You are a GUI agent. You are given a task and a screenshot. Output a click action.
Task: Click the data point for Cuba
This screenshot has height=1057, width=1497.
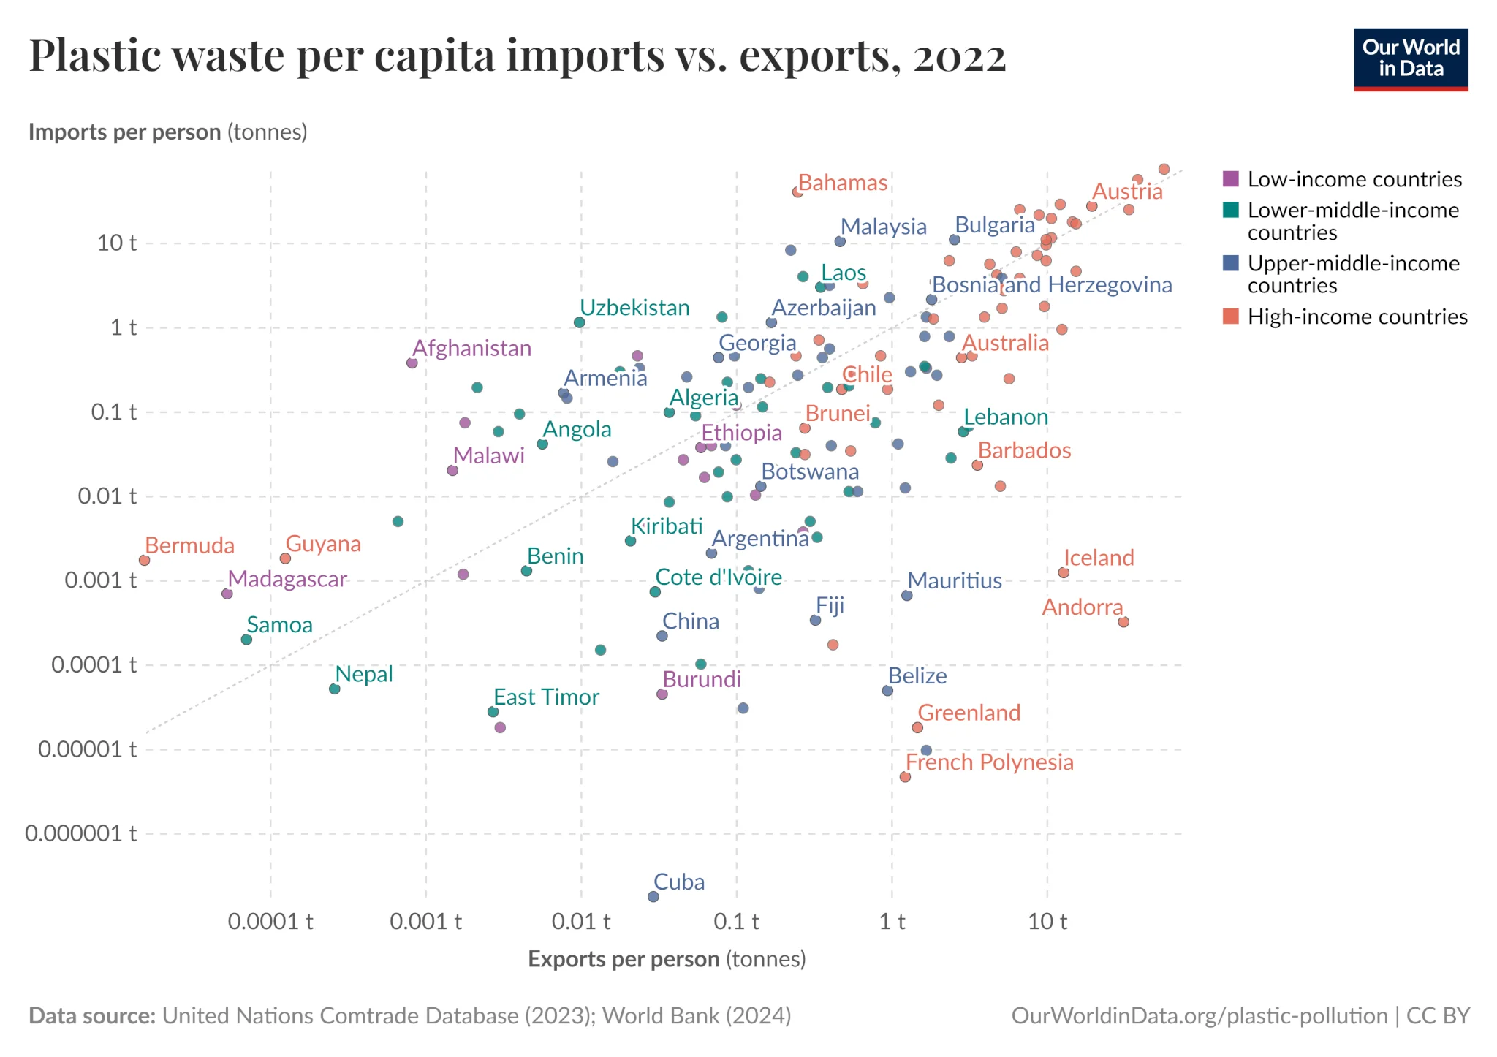point(653,896)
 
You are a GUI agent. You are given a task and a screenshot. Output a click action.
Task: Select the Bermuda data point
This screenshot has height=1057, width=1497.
point(144,560)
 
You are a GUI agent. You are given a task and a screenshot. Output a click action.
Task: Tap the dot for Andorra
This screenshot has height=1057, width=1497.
point(1123,622)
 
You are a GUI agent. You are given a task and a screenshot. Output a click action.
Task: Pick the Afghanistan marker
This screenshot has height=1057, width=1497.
point(412,363)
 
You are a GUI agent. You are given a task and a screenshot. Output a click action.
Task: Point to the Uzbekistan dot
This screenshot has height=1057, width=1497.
point(579,322)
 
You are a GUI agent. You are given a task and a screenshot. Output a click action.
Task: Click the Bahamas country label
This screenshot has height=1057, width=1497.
point(842,183)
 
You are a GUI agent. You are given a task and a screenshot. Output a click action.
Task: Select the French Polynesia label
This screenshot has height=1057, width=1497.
point(989,762)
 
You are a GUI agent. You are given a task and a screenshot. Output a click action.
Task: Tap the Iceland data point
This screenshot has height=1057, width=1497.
point(1064,572)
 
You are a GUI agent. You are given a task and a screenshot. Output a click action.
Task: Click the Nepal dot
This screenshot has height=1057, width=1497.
point(334,689)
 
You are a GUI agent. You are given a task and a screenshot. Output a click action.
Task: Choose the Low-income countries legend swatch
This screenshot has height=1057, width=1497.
point(1231,179)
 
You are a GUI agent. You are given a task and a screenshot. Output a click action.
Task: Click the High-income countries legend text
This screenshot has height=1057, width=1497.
point(1357,317)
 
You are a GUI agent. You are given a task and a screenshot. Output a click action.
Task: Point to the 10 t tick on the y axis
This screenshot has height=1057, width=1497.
point(117,243)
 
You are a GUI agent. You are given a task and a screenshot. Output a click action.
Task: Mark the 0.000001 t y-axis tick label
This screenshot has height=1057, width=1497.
point(80,833)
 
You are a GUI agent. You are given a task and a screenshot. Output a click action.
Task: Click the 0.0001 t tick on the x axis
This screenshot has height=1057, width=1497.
point(270,922)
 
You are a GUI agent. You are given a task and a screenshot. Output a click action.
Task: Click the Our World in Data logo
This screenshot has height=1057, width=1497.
point(1410,59)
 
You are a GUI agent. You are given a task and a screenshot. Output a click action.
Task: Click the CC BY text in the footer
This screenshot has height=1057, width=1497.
point(1438,1016)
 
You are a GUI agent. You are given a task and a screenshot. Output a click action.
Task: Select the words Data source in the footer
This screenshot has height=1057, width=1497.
point(92,1016)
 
